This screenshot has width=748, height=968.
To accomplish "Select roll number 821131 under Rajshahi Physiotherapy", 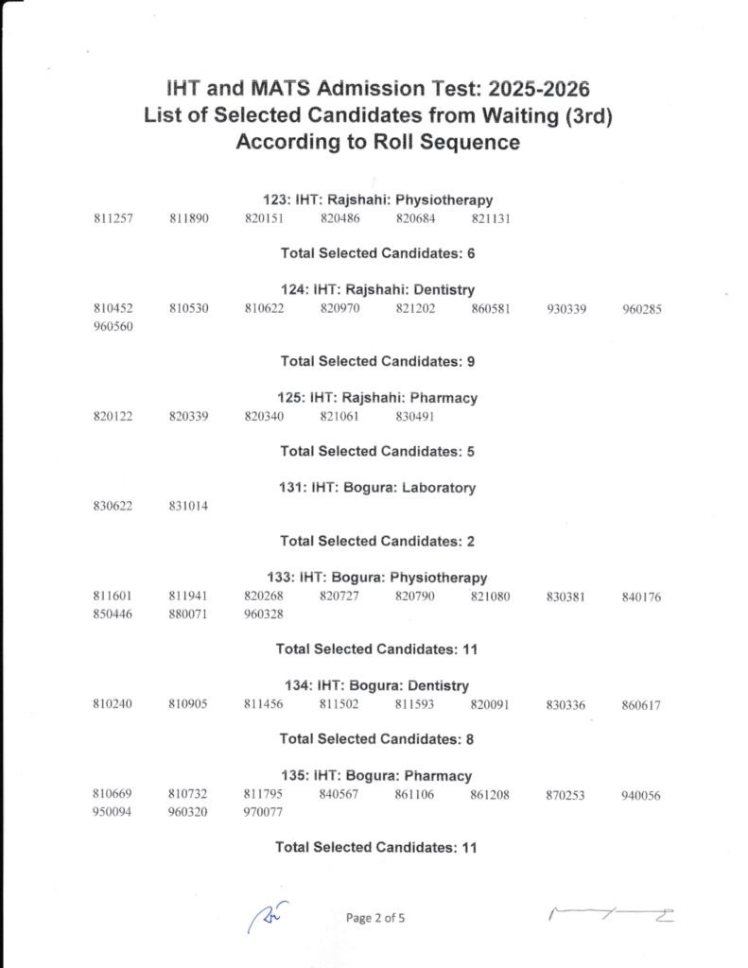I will (490, 219).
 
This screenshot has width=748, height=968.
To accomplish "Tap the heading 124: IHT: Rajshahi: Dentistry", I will (377, 290).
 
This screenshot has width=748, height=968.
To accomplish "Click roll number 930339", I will (565, 309).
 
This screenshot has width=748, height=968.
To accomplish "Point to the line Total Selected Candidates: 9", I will (377, 361).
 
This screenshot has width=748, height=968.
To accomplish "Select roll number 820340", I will (264, 417).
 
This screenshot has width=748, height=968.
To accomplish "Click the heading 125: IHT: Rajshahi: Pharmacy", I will (377, 398).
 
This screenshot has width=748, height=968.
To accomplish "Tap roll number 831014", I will (188, 507).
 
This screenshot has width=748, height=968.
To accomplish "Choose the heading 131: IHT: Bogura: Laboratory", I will (377, 488).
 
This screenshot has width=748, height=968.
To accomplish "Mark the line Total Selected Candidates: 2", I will (377, 542).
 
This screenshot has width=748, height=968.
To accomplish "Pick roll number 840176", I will (641, 597).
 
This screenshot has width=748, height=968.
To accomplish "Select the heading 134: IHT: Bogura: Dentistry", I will (377, 685).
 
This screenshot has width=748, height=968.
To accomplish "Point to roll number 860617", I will (641, 705).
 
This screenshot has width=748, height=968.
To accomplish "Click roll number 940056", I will (641, 796).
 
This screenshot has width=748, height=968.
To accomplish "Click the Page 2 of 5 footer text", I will (375, 918).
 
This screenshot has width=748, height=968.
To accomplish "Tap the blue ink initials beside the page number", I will (268, 917).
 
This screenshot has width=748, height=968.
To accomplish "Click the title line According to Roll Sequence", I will (377, 143).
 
